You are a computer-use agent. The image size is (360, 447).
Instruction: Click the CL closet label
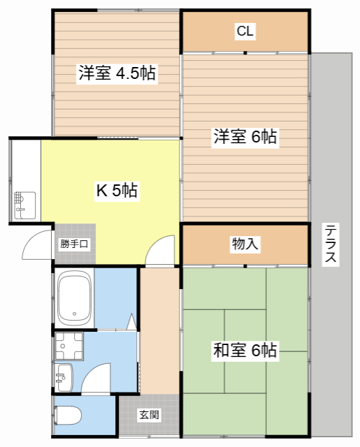[245, 31]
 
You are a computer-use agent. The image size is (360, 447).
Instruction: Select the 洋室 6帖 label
[245, 138]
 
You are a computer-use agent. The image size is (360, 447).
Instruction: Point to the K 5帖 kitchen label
[116, 190]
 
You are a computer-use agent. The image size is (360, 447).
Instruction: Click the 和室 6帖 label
[245, 351]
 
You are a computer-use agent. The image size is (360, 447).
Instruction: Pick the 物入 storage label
[245, 244]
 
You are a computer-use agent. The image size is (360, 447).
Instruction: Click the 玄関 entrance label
[148, 415]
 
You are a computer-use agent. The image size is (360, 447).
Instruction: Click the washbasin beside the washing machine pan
[64, 377]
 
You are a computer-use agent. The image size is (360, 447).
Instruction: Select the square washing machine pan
[69, 344]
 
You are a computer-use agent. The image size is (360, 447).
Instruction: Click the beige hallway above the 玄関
[160, 328]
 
